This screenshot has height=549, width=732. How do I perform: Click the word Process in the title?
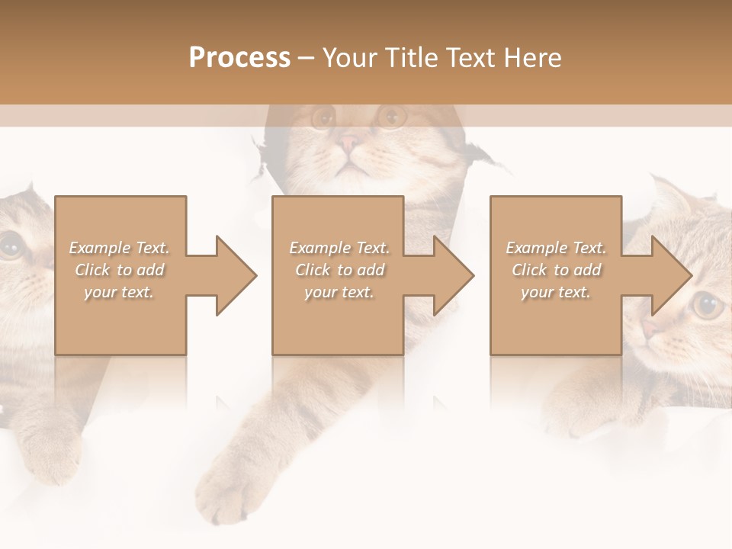[x=239, y=58]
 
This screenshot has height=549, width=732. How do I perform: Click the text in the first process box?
[x=120, y=270]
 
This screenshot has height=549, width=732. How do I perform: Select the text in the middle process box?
[x=339, y=270]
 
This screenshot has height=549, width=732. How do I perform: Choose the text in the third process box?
[x=556, y=270]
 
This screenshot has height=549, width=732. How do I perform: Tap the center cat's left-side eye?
[x=323, y=117]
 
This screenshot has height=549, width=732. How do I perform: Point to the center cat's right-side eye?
[x=392, y=117]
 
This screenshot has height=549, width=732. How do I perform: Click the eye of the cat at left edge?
[x=11, y=246]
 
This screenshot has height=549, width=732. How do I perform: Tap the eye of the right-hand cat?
[x=708, y=306]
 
